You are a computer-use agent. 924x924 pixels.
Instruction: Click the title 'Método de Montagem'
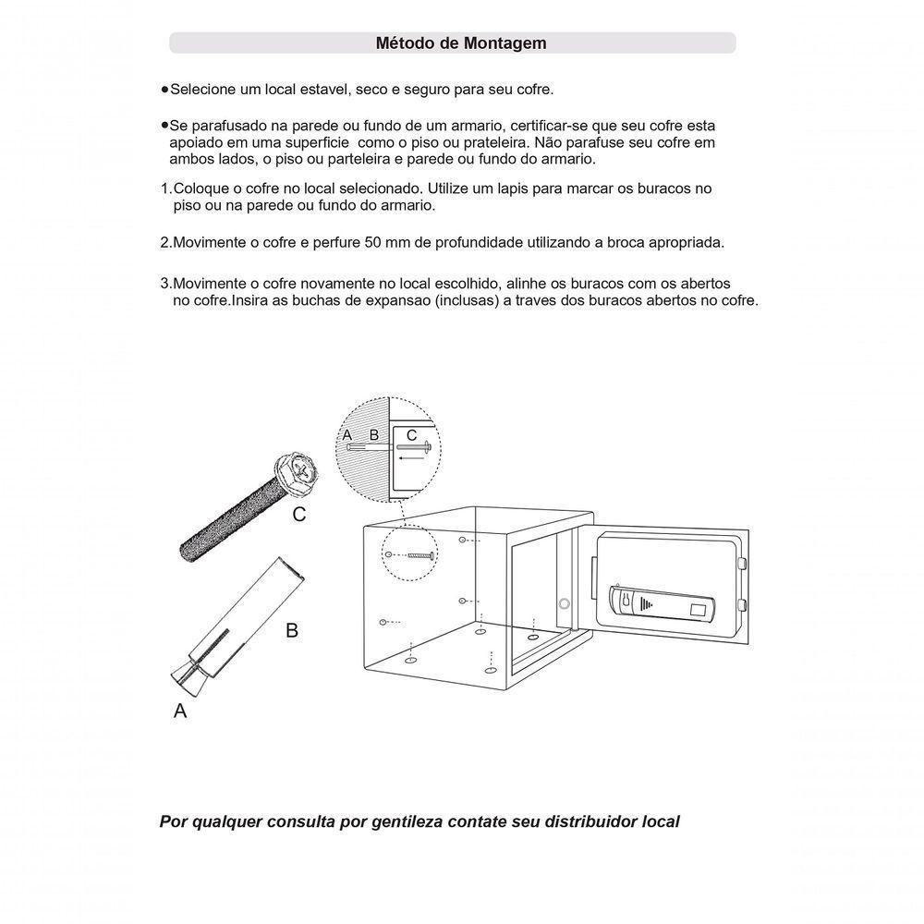pos(461,43)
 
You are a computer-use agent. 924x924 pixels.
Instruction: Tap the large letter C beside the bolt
pos(299,516)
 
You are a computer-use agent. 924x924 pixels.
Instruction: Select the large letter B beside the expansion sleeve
pos(292,631)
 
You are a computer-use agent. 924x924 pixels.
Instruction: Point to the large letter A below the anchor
pos(180,711)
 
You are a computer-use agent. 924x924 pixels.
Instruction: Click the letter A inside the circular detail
pos(347,434)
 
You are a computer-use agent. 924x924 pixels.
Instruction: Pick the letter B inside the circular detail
pos(374,434)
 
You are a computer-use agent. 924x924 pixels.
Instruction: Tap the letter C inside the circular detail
pos(411,434)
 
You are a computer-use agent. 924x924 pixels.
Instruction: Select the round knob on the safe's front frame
pos(563,604)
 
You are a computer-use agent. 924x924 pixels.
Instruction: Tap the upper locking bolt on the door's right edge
pos(742,563)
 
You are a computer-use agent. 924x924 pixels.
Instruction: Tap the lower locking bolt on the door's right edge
pos(742,604)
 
